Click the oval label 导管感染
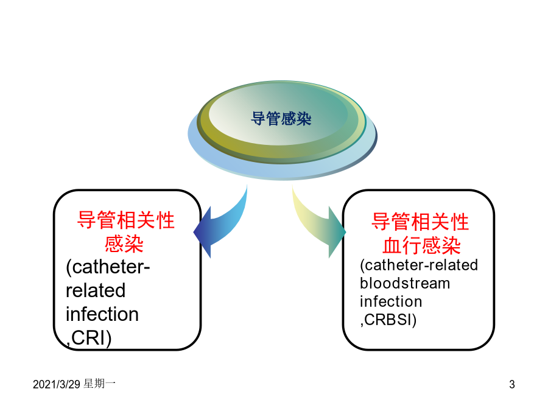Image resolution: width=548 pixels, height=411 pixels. pyautogui.click(x=281, y=119)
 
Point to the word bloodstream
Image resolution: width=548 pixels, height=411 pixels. pyautogui.click(x=405, y=283)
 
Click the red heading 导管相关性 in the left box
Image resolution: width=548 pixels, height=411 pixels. pyautogui.click(x=126, y=220)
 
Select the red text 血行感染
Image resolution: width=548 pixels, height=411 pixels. pyautogui.click(x=421, y=245)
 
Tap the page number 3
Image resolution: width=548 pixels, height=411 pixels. pyautogui.click(x=512, y=384)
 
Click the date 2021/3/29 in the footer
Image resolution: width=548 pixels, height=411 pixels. pyautogui.click(x=57, y=384)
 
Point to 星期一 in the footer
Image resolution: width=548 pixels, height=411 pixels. pyautogui.click(x=100, y=384)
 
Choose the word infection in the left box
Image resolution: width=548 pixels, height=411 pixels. pyautogui.click(x=102, y=314)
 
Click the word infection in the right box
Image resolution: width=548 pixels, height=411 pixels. pyautogui.click(x=391, y=301)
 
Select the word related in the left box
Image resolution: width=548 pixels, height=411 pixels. pyautogui.click(x=96, y=290)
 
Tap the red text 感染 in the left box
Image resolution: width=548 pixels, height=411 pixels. pyautogui.click(x=124, y=244)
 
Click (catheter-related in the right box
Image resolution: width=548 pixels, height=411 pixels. pyautogui.click(x=419, y=265)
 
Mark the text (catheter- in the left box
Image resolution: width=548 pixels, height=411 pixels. pyautogui.click(x=108, y=267)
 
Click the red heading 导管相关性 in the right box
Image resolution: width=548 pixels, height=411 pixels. pyautogui.click(x=420, y=222)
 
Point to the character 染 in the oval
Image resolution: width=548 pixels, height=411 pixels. pyautogui.click(x=304, y=119)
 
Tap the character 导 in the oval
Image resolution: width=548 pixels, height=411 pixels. pyautogui.click(x=258, y=119)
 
